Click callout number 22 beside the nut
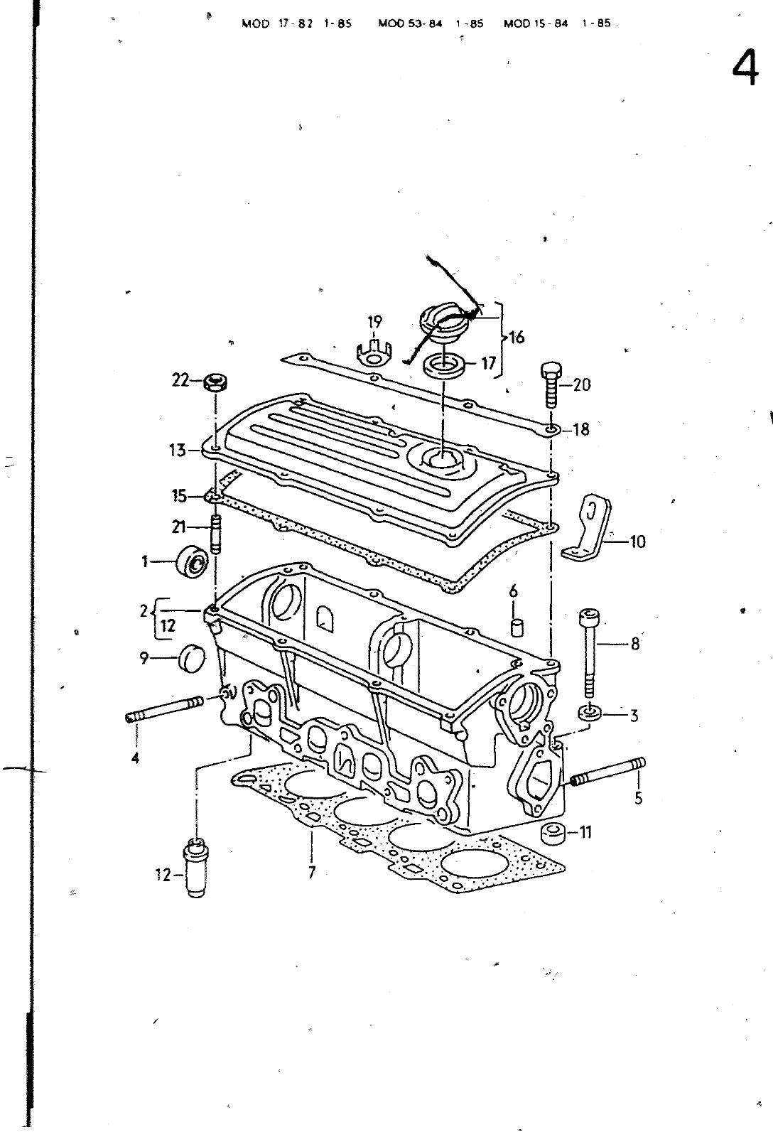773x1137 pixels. [x=180, y=381]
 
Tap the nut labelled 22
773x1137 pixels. [x=215, y=382]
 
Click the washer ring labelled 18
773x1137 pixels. [x=553, y=429]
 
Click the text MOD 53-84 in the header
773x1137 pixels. [x=410, y=23]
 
